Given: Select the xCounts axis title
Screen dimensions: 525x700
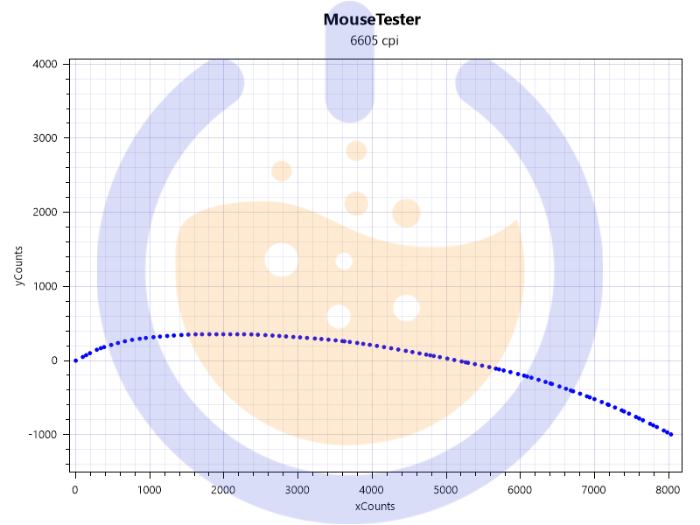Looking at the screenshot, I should (x=374, y=507).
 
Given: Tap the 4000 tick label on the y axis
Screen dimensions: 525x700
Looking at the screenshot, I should (x=44, y=64).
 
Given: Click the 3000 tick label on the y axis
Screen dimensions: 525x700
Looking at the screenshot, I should (x=44, y=138).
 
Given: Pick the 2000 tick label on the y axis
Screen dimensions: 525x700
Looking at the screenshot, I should (x=44, y=213).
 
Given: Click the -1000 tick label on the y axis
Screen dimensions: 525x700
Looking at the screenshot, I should (x=42, y=435).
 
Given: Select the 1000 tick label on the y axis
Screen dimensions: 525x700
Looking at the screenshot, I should (x=44, y=286).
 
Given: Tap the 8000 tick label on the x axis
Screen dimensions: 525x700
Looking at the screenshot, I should (x=668, y=489).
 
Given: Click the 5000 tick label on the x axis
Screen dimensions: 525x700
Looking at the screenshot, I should (x=446, y=489).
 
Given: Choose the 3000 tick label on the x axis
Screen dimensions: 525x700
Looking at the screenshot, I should (x=297, y=489).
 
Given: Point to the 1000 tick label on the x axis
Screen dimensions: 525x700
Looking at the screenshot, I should (x=149, y=489).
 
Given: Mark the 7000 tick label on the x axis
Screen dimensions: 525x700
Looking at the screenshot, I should (x=594, y=489).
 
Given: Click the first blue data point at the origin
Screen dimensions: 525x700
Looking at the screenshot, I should (x=75, y=360).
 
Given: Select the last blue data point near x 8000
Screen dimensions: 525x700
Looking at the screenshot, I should (x=671, y=434).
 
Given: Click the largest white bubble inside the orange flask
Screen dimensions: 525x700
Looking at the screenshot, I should (x=281, y=260).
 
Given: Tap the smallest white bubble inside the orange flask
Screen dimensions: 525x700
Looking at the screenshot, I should (x=344, y=262).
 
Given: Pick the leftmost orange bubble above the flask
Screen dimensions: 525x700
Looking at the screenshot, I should (x=281, y=171).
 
